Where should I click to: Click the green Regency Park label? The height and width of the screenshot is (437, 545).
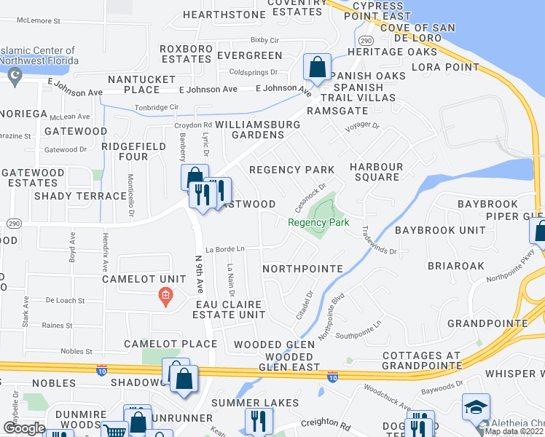coord(318,223)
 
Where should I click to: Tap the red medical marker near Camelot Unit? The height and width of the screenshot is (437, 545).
coord(165,296)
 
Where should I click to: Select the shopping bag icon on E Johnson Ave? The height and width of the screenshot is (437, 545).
coord(318,68)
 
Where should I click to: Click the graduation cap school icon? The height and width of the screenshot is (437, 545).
coord(475,407)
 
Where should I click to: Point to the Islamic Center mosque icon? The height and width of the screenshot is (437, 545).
coord(15,75)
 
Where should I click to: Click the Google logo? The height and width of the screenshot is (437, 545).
coord(24,428)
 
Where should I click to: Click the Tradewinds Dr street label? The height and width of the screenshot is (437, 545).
coord(378,240)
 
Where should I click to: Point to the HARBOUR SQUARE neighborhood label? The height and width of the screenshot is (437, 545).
coord(376,172)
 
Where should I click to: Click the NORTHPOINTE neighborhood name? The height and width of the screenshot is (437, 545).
coord(302,269)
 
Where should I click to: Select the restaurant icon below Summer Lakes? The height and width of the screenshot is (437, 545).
coord(259,421)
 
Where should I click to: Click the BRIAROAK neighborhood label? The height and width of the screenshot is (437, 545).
coord(455,266)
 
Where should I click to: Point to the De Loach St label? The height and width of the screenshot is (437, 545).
coord(66,300)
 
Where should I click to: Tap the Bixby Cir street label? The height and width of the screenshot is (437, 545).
coord(265,40)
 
